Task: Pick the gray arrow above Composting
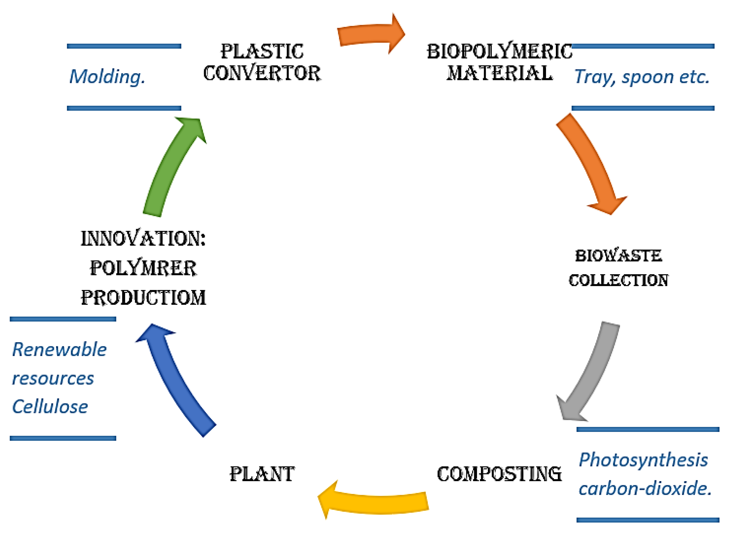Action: (x=591, y=373)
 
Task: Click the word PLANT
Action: (x=262, y=474)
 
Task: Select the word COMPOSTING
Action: (x=499, y=474)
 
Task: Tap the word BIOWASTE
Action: (x=618, y=256)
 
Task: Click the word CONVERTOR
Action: (x=262, y=73)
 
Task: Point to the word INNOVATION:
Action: (x=143, y=239)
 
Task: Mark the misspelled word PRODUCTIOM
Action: (x=143, y=298)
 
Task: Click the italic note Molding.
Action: (x=107, y=77)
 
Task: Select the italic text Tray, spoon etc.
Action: (x=642, y=77)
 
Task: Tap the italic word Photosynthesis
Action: (x=643, y=460)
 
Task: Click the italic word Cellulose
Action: (x=50, y=407)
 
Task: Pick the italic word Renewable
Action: (x=59, y=350)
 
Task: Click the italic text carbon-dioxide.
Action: (x=645, y=489)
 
